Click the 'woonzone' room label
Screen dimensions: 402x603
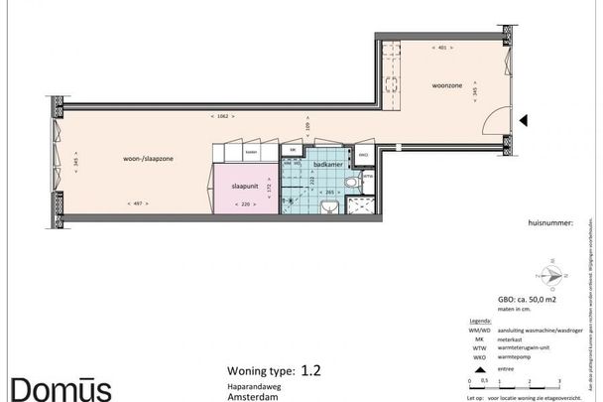pyautogui.click(x=446, y=85)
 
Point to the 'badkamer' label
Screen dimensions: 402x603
pyautogui.click(x=328, y=164)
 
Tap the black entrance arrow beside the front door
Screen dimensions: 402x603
pyautogui.click(x=526, y=121)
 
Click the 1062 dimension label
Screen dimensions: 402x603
pyautogui.click(x=220, y=117)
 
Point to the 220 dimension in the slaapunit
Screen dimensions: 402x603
pyautogui.click(x=244, y=203)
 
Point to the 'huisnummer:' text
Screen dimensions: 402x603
pyautogui.click(x=551, y=224)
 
